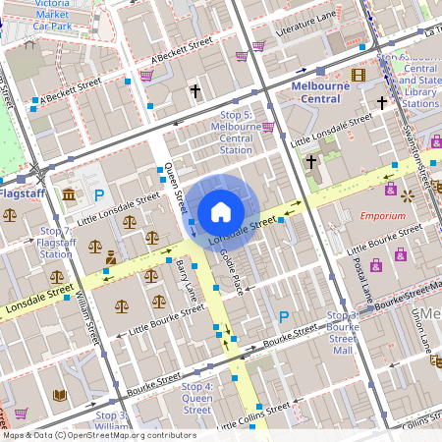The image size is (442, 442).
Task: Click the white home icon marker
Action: pos(220,211)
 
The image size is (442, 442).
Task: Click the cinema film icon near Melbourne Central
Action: pos(359,75)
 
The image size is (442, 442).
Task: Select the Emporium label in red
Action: pos(382,214)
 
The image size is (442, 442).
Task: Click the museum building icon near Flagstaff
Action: pos(68,195)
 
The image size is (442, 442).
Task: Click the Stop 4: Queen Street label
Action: pos(196,398)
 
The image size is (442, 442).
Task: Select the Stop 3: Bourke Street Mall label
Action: pos(341,332)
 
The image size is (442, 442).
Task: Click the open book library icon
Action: pos(59,395)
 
